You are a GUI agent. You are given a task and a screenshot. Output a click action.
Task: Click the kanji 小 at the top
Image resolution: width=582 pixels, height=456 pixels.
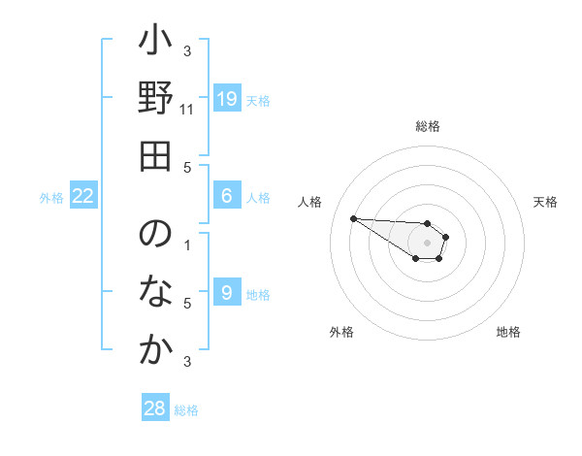155,45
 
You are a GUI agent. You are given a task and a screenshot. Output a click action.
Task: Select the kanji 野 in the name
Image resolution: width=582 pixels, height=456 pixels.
155,99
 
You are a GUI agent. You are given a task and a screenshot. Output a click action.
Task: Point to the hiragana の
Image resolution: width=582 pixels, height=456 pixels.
155,237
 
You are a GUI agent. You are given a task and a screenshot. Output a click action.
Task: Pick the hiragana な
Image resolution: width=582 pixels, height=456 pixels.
155,292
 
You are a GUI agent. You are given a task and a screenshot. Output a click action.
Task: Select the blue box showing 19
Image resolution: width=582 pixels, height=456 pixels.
226,99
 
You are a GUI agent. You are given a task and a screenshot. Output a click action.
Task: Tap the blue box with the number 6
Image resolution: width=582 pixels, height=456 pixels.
226,196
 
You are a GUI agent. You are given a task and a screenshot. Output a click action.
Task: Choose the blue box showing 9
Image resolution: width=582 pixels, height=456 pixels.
226,293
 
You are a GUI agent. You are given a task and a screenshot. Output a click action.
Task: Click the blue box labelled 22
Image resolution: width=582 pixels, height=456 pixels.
83,196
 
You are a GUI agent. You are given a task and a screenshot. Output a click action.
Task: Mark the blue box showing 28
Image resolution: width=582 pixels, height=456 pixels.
154,408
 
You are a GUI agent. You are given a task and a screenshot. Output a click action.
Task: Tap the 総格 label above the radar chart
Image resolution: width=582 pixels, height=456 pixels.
427,126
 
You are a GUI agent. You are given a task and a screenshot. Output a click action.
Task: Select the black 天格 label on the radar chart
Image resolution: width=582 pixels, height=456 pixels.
545,202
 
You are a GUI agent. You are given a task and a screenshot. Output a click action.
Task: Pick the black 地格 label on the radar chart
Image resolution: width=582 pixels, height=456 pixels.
508,332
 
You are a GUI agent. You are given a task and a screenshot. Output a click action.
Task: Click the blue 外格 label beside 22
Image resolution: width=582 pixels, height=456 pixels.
51,198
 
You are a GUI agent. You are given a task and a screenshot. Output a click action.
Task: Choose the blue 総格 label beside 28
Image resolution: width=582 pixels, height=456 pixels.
186,410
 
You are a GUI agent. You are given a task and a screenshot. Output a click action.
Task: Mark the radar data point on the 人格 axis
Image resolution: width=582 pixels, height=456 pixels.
353,218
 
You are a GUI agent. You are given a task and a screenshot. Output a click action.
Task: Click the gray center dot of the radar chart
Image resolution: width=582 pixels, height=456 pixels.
427,243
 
